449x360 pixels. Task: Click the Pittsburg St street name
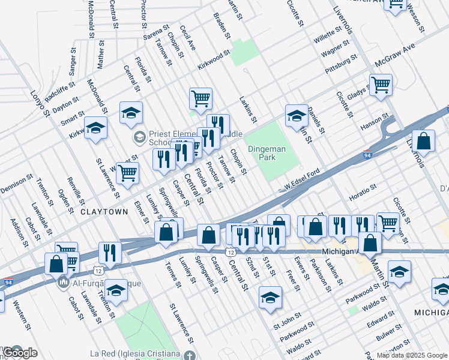pos(341,64)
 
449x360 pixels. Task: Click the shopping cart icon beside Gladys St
pos(381,85)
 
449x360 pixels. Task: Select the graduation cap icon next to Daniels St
pos(297,115)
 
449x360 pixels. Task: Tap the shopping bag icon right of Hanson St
pos(424,142)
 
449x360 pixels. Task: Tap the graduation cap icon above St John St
pos(270,297)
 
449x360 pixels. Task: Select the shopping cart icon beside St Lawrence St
pos(127,173)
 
